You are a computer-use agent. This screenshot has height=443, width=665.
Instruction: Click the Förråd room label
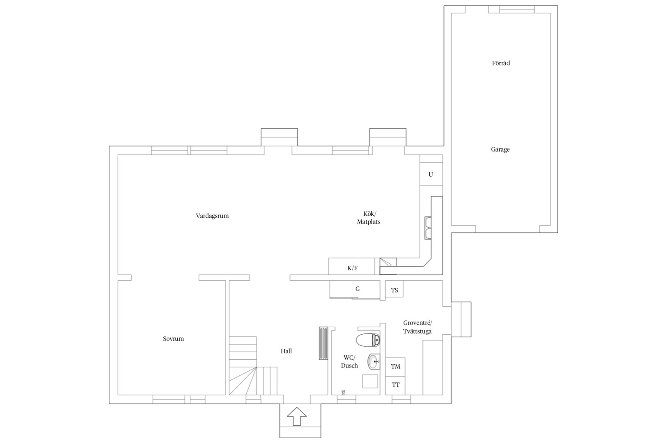(501, 63)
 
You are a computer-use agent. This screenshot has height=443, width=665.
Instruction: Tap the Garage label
(500, 149)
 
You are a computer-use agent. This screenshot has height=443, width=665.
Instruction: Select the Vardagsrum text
(212, 216)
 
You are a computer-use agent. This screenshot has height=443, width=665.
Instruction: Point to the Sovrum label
(173, 338)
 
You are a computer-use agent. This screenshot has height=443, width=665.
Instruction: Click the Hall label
(286, 351)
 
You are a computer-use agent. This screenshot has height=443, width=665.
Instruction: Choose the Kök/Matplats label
(369, 218)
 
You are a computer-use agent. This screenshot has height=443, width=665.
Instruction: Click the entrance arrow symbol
(296, 416)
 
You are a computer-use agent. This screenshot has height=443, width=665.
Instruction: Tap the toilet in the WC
(368, 340)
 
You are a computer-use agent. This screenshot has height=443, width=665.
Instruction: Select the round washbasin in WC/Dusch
(374, 362)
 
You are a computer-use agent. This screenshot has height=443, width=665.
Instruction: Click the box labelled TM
(395, 367)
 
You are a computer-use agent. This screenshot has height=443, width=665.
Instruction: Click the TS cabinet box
(394, 289)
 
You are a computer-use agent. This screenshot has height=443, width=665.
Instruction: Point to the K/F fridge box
(352, 267)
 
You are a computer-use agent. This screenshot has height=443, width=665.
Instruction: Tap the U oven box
(431, 174)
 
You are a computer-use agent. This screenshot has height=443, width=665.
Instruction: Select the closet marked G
(355, 289)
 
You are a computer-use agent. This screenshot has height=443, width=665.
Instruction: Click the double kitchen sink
(428, 228)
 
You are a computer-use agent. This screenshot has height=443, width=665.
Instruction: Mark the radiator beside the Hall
(323, 343)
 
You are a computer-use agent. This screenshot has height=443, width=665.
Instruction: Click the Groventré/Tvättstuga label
(417, 327)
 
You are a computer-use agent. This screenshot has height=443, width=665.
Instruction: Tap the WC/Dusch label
(349, 361)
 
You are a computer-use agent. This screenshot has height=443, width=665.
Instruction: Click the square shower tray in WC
(370, 381)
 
